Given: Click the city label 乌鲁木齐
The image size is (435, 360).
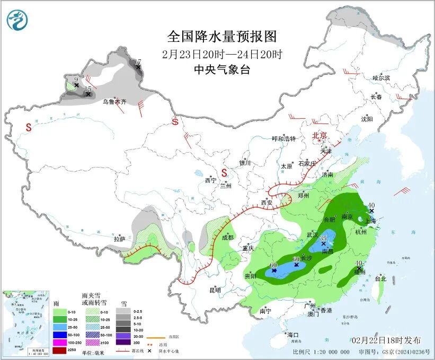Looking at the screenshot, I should tap(114, 101).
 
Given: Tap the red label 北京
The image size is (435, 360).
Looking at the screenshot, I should tap(321, 135).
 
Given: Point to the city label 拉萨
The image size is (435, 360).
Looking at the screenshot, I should tap(119, 239).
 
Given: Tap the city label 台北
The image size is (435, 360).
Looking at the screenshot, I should tap(380, 278).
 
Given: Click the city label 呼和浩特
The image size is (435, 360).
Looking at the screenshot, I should tap(283, 139).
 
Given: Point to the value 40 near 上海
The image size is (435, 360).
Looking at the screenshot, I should tap(371, 205).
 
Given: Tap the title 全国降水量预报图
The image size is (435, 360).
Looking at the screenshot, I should tap(222, 37).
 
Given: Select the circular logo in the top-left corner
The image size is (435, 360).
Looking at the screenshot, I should tap(17, 21).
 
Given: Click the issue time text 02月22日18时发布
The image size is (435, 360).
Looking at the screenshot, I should tap(386, 340).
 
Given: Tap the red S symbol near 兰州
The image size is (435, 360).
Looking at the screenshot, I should tap(224, 173).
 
